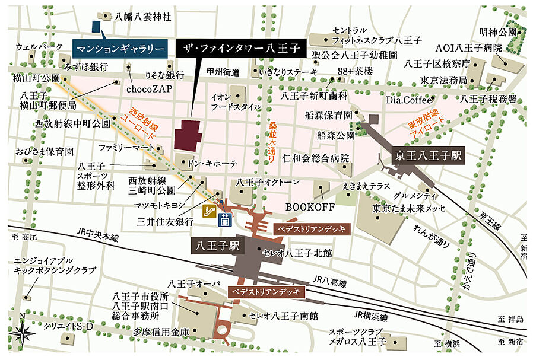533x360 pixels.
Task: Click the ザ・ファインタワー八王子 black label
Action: tap(242, 47)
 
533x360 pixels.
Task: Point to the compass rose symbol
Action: tap(23, 333)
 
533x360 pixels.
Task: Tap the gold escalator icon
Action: tap(209, 211)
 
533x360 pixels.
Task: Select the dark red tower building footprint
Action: tap(188, 135)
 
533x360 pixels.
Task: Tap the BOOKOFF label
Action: tap(310, 207)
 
